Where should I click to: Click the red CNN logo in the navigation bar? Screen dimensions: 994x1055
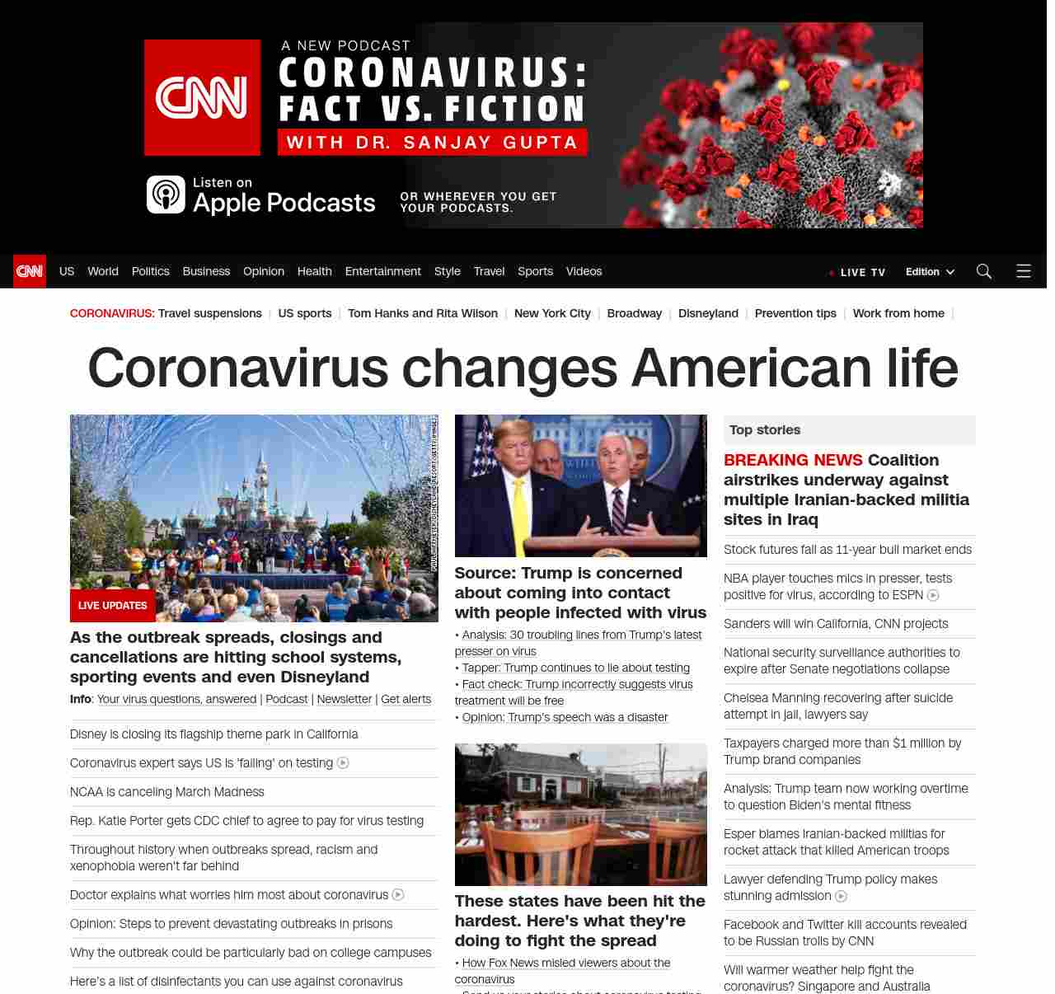pos(30,271)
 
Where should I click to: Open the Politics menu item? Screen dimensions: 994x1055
pos(150,271)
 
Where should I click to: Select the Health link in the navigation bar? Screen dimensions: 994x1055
pos(314,271)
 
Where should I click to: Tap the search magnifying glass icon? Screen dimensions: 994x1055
pos(983,271)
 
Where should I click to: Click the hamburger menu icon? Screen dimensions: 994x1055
pos(1024,271)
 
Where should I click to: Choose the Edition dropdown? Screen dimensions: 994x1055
pos(929,272)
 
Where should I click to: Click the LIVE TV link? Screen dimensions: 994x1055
pos(862,272)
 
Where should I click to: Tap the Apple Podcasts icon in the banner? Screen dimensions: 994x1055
pos(166,195)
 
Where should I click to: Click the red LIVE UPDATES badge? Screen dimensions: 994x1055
pos(113,605)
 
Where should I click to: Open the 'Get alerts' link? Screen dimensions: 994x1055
pos(406,699)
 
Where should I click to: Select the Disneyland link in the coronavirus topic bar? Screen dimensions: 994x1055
pos(708,313)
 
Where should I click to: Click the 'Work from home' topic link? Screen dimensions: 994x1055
pos(898,313)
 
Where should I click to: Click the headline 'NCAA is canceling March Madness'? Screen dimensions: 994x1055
pos(167,791)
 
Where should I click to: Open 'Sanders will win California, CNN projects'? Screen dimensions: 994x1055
pos(836,623)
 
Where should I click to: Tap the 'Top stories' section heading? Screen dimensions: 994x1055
pos(765,429)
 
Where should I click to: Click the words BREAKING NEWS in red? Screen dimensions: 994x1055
pos(793,460)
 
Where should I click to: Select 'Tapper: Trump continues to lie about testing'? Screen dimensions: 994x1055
pos(575,668)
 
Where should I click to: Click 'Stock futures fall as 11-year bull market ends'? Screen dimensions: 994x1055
pos(847,549)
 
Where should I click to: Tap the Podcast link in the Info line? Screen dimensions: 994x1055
pos(287,699)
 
